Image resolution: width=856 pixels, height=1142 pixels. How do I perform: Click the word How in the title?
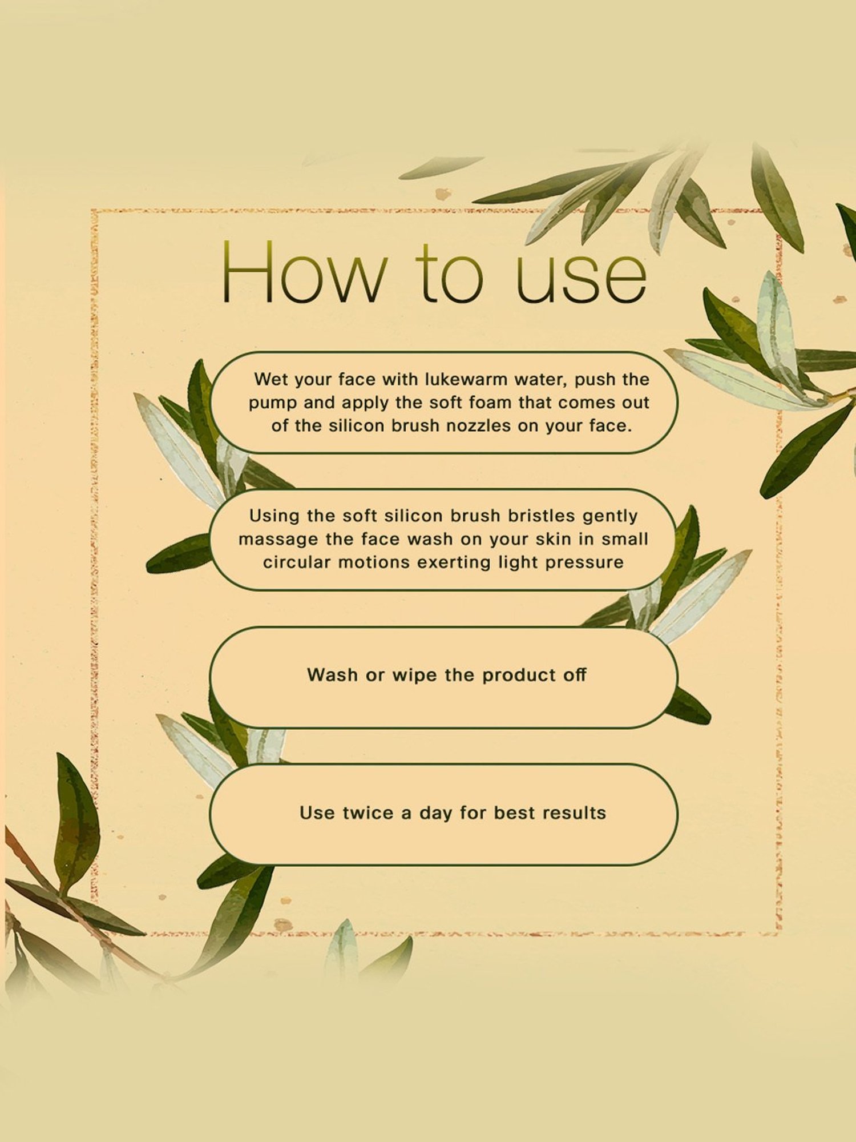tap(304, 272)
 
